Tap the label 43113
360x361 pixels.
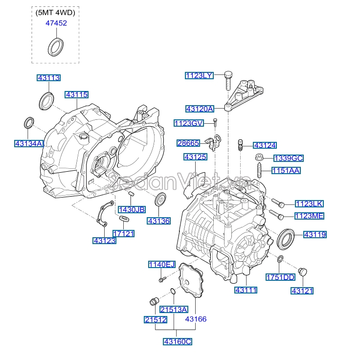pyautogui.click(x=49, y=78)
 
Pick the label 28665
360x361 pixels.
pyautogui.click(x=188, y=143)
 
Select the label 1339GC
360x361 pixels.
pyautogui.click(x=289, y=158)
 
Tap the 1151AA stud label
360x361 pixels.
pyautogui.click(x=287, y=171)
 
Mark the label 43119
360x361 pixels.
pyautogui.click(x=315, y=235)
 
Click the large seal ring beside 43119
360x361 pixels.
pyautogui.click(x=286, y=238)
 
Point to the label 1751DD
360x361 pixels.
pyautogui.click(x=281, y=277)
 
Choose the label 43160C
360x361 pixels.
pyautogui.click(x=178, y=341)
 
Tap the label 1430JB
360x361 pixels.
pyautogui.click(x=132, y=209)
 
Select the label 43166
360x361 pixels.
pyautogui.click(x=196, y=319)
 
